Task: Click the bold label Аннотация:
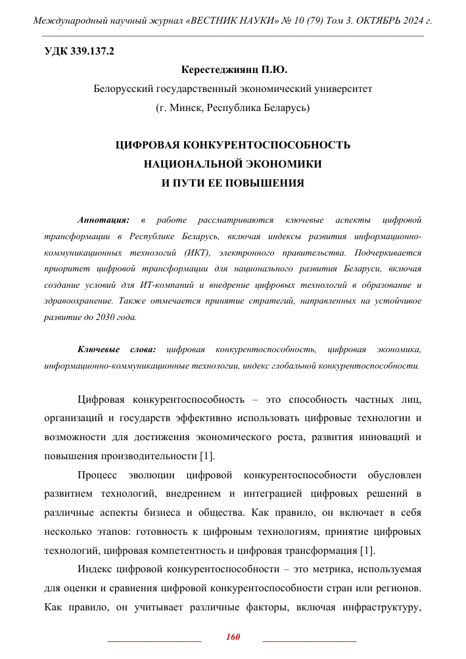click(x=103, y=219)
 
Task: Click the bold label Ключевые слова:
click(x=116, y=349)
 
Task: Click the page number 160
click(x=233, y=637)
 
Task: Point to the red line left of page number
click(x=154, y=640)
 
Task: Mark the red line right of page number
click(x=309, y=640)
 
